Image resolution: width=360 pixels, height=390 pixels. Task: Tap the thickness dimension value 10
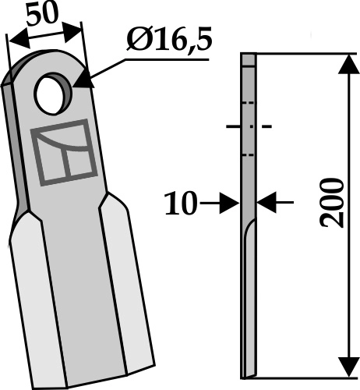pos(181,204)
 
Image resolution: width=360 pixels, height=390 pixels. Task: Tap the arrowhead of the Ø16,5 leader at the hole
pos(80,78)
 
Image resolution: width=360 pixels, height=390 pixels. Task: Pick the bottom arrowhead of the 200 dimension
pos(344,366)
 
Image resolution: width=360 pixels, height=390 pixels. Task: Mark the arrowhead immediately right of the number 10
pos(231,204)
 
